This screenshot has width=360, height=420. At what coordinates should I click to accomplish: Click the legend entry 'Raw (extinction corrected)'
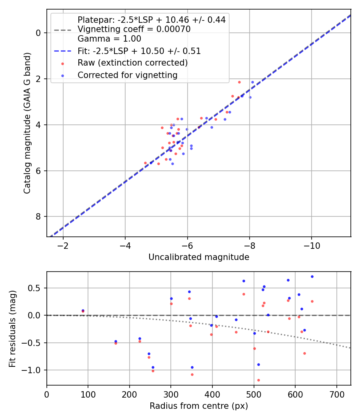(132, 63)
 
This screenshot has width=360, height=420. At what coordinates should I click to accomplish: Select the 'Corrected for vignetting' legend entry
(127, 75)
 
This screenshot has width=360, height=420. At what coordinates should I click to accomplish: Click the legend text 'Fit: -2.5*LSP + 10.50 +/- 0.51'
(139, 51)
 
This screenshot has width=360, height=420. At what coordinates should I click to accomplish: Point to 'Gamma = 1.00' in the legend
(109, 39)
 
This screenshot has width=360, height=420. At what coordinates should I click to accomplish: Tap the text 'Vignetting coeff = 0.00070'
(134, 29)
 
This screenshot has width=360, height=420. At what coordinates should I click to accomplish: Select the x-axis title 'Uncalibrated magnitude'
(199, 257)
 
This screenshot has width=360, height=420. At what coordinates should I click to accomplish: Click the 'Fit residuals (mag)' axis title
(13, 329)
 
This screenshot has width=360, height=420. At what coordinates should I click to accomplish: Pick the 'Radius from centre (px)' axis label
(199, 406)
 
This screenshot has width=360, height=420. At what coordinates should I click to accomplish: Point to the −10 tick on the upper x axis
(312, 246)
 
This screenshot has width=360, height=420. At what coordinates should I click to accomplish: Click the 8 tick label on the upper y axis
(39, 217)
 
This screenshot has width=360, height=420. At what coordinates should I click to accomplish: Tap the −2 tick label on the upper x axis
(63, 246)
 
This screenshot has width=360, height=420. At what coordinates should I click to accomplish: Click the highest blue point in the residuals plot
(312, 276)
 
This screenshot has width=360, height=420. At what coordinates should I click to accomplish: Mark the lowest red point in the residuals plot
(258, 380)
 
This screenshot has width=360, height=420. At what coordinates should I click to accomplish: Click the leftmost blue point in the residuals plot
(83, 310)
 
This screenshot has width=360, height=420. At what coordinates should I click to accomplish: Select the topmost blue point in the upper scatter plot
(252, 82)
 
